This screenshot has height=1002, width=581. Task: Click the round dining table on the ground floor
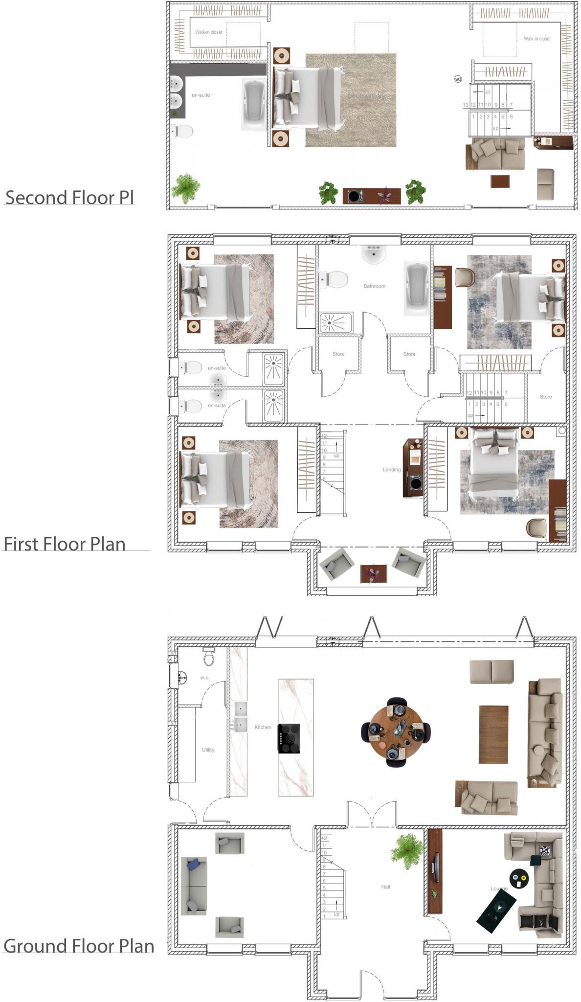[x=396, y=731]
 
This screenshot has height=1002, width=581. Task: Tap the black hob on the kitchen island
[x=289, y=738]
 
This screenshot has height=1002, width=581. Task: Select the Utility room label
[x=208, y=750]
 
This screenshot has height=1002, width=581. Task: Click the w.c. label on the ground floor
[x=205, y=678]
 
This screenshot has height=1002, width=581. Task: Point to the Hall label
[x=386, y=887]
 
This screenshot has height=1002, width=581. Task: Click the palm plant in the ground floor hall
[x=407, y=851]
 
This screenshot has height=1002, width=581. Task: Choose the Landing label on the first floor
[x=391, y=469]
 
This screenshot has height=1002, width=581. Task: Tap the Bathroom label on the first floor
[x=374, y=286]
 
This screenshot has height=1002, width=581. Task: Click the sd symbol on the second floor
[x=458, y=79]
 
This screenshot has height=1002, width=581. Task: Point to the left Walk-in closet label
[x=209, y=32]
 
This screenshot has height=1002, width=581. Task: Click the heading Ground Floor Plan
[x=79, y=946]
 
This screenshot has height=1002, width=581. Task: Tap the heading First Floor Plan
[x=65, y=544]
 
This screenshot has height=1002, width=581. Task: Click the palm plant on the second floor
[x=186, y=187]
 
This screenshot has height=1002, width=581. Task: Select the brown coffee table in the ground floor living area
[x=493, y=734]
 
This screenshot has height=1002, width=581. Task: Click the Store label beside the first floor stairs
[x=546, y=397]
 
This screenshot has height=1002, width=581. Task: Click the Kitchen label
[x=263, y=727]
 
